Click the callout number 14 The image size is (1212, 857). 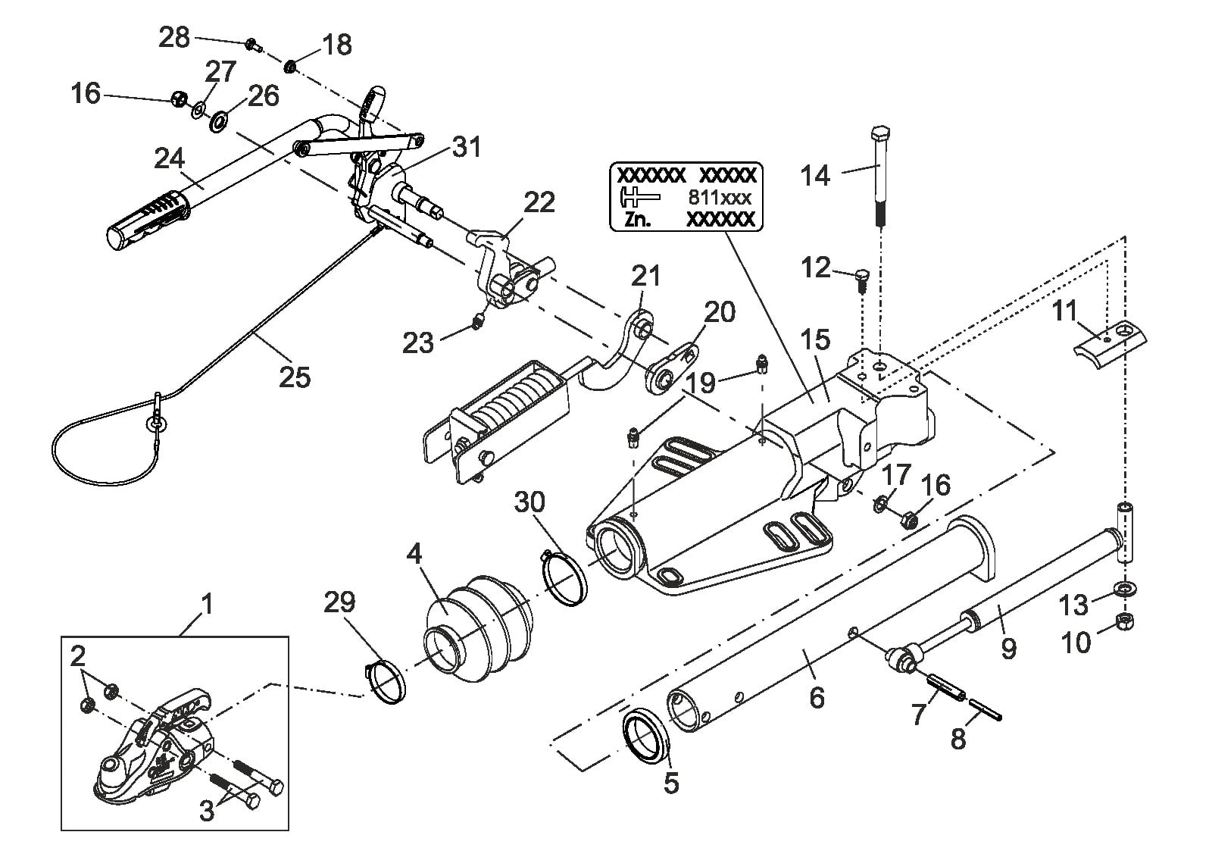coord(815,176)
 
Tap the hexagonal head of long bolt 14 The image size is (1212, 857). coord(880,133)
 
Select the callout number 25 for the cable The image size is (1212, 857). coord(295,377)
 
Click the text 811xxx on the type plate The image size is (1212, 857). coord(720,198)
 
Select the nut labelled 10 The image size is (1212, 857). coord(1125,622)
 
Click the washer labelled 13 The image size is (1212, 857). coord(1125,588)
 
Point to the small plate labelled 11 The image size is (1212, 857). coord(1110,345)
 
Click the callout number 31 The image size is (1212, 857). coord(467,147)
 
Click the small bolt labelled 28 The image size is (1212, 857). coord(253,45)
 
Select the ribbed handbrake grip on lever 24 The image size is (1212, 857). coord(148,219)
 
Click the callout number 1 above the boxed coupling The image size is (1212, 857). coord(206,604)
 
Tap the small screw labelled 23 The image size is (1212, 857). coord(477,323)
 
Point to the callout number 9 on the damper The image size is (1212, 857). coord(1008,648)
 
